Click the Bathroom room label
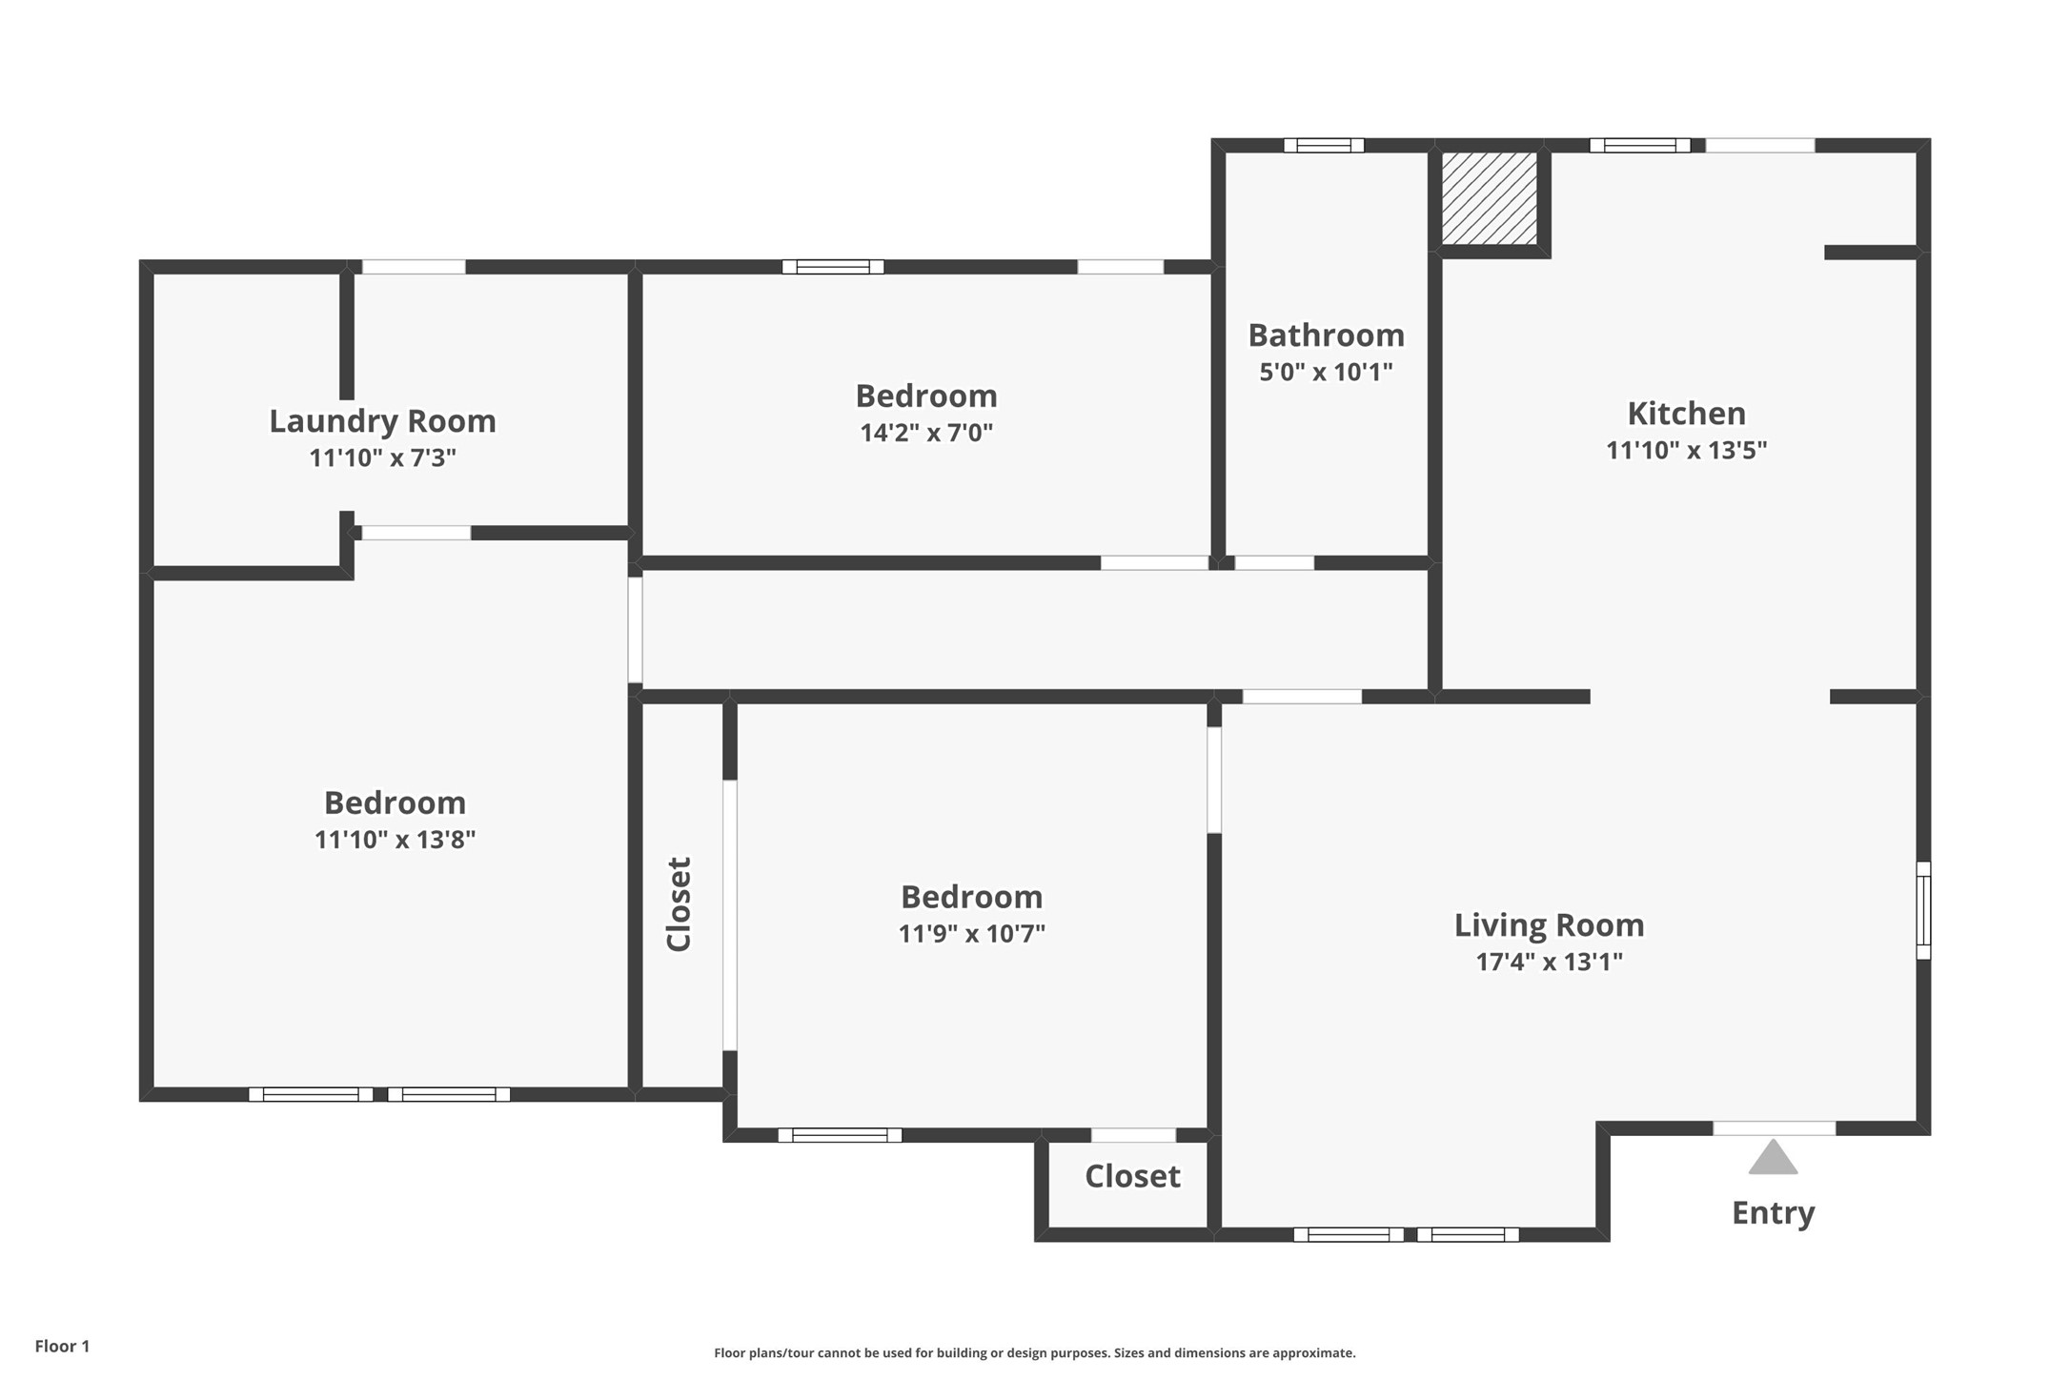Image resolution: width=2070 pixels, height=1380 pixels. (1326, 335)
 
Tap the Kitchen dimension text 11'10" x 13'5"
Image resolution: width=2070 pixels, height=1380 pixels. (1686, 450)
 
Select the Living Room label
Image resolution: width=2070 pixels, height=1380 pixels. (1549, 925)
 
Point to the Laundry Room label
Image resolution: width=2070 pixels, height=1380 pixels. (382, 421)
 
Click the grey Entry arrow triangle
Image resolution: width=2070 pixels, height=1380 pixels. (1773, 1157)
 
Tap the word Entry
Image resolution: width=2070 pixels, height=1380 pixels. (1773, 1213)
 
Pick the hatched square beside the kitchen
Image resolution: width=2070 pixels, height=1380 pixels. (1489, 197)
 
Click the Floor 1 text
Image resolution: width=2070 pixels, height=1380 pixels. (62, 1346)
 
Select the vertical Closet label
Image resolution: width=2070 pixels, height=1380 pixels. (679, 903)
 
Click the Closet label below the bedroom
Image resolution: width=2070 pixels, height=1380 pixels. (1132, 1176)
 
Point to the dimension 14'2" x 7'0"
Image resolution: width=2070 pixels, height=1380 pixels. (926, 433)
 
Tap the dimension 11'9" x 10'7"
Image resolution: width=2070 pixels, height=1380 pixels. (971, 933)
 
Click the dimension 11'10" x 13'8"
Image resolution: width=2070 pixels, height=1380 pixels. (395, 840)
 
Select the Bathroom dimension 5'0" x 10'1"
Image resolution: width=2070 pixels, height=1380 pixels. (1326, 372)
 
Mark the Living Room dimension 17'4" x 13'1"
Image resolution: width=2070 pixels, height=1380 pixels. (1549, 962)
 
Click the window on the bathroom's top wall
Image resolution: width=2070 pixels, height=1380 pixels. (1324, 146)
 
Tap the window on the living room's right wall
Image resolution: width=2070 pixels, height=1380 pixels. (1923, 910)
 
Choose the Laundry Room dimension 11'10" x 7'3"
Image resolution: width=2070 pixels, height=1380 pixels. (382, 458)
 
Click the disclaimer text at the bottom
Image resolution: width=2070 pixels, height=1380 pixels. (1034, 1352)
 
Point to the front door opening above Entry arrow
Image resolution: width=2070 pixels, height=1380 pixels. (1774, 1128)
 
